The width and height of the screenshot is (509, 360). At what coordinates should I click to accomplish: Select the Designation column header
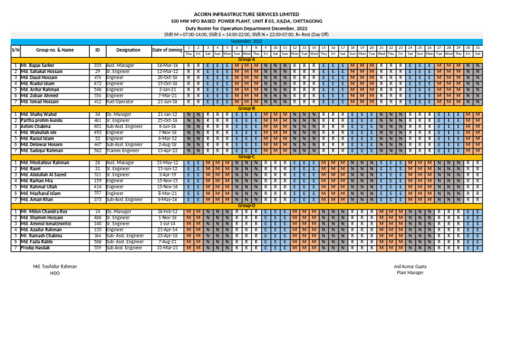pyautogui.click(x=129, y=50)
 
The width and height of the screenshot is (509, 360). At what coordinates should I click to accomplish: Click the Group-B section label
pyautogui.click(x=247, y=108)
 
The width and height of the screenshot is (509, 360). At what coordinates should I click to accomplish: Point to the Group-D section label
pyautogui.click(x=247, y=206)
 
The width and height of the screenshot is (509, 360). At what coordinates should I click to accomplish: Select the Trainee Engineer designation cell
pyautogui.click(x=125, y=151)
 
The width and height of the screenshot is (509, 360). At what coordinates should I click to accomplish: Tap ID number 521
pyautogui.click(x=97, y=174)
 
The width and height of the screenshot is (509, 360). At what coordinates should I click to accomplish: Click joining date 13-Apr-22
pyautogui.click(x=167, y=151)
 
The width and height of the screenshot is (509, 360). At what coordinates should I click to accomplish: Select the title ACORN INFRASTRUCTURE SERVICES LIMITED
pyautogui.click(x=254, y=13)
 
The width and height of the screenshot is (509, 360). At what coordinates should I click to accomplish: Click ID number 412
pyautogui.click(x=97, y=102)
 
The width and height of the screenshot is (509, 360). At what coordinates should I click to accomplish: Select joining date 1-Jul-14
pyautogui.click(x=168, y=223)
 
